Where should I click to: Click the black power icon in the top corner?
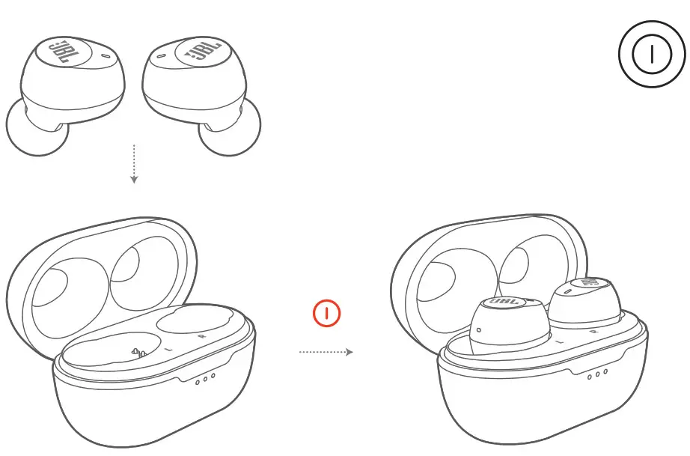pos(650,55)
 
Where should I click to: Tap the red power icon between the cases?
pos(327,313)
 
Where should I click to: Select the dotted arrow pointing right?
pos(326,351)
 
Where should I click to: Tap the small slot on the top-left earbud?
pos(103,56)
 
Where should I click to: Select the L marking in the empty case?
pos(169,350)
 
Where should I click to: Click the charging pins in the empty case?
pos(137,353)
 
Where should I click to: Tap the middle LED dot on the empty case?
pos(205,378)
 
